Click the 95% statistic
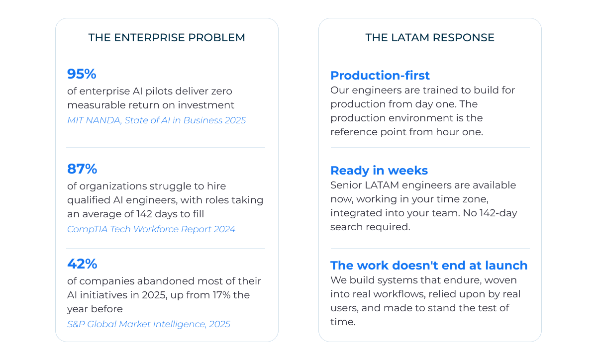pyautogui.click(x=82, y=74)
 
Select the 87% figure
pyautogui.click(x=82, y=169)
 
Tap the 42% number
pyautogui.click(x=82, y=264)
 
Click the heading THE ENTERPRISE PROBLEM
pyautogui.click(x=167, y=38)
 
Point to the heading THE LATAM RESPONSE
pyautogui.click(x=430, y=38)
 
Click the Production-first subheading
pyautogui.click(x=380, y=76)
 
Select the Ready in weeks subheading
pyautogui.click(x=379, y=171)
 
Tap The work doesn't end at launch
pyautogui.click(x=429, y=266)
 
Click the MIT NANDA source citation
pyautogui.click(x=156, y=120)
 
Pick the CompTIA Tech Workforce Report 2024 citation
pyautogui.click(x=151, y=229)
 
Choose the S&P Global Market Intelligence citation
pyautogui.click(x=149, y=324)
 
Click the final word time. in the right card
pyautogui.click(x=343, y=322)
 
